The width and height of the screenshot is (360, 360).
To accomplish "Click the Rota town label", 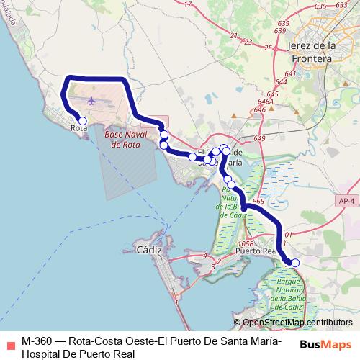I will point(79,130).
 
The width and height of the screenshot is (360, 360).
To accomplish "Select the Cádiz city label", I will point(150,251).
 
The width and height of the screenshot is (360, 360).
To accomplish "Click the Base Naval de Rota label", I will point(126,139).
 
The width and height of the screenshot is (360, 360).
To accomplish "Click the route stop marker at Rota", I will point(83,121).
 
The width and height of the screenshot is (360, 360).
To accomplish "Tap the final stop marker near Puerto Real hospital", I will point(295,263).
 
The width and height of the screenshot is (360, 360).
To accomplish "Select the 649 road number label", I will point(260,138).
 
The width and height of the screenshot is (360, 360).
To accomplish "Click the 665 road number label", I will point(258,203).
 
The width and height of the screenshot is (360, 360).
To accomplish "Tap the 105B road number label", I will point(246,244).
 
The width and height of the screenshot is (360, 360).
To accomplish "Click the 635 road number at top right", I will point(321,6).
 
